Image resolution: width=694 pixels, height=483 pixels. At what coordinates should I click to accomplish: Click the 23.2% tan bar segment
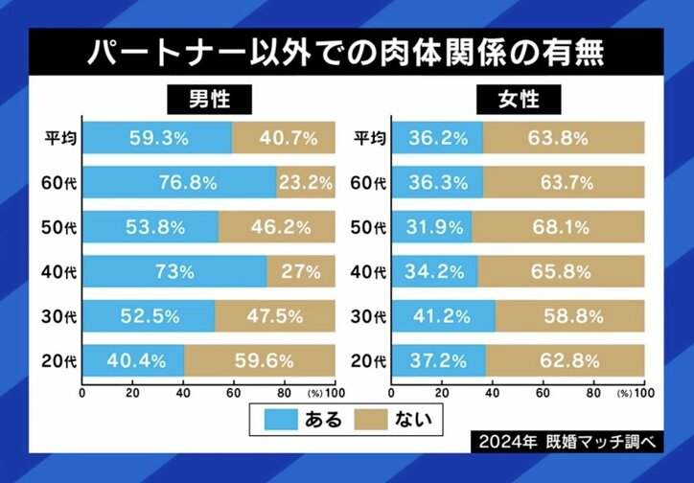click(306, 182)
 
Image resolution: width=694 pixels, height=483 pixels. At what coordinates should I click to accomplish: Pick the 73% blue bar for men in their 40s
click(174, 272)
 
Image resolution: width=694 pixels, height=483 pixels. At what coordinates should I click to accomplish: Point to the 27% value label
click(301, 272)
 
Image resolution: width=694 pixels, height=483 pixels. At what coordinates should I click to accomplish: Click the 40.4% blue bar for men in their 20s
click(133, 361)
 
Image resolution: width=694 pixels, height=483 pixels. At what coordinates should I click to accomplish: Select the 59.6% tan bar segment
click(260, 361)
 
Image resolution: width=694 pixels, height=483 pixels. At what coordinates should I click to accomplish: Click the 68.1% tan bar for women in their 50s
click(558, 227)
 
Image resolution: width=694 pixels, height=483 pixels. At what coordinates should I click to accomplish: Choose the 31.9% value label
click(431, 227)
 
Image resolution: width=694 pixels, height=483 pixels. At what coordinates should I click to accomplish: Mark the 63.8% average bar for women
click(564, 138)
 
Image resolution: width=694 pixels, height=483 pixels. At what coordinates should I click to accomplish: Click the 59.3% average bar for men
click(157, 138)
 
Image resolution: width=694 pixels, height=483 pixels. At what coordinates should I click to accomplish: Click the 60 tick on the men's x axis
click(234, 393)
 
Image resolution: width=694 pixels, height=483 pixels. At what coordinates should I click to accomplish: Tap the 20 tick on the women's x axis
click(442, 393)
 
